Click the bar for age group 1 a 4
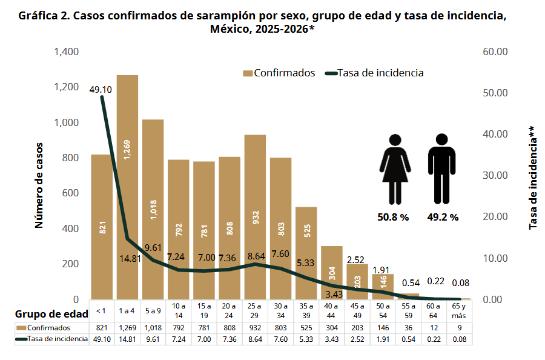[127, 188]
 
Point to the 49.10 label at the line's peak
[101, 89]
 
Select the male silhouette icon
[441, 169]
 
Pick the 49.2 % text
[443, 217]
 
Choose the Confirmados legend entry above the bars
[279, 73]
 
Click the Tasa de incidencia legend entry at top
[374, 73]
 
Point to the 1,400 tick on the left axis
[67, 52]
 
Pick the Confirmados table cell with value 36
[408, 328]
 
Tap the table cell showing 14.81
[127, 339]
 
